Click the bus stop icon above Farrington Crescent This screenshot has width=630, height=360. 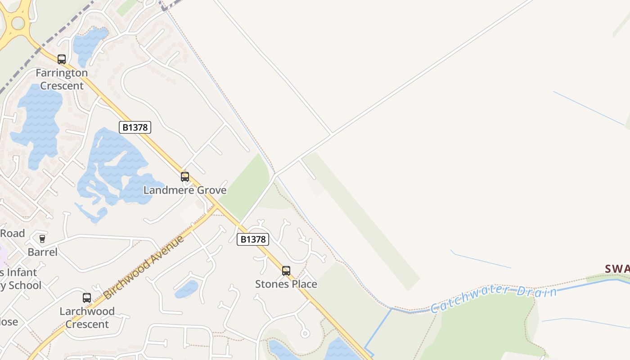point(62,59)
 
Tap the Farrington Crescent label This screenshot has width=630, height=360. point(62,79)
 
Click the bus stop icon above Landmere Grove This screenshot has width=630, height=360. point(185,177)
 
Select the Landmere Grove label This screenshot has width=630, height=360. point(185,190)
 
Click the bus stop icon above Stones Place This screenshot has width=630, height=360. point(286,271)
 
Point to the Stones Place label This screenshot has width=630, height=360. point(286,284)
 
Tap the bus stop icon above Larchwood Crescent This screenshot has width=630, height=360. point(87,297)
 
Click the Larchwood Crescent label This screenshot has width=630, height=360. point(87,317)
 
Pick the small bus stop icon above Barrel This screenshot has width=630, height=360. point(42,238)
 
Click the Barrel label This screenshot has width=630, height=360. point(42,252)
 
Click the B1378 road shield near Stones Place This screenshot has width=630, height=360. point(253,239)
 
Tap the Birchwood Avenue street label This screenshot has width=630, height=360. point(144,266)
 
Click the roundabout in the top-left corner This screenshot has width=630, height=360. point(17,22)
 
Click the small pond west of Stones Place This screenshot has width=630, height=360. point(186,289)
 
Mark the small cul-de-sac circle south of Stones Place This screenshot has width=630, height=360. point(305,333)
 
